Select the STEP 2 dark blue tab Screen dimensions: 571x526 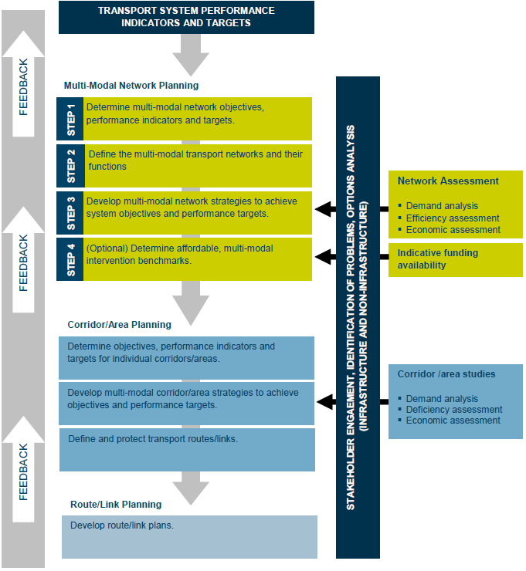(x=70, y=166)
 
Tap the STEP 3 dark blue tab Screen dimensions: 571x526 (x=70, y=213)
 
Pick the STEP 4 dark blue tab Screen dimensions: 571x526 (x=70, y=259)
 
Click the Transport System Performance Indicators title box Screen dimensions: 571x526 (x=186, y=17)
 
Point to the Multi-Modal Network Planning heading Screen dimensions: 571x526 (x=132, y=86)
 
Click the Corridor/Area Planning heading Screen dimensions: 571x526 (x=120, y=325)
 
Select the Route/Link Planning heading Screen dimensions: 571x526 (x=116, y=505)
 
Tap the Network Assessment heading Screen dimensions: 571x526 (x=448, y=181)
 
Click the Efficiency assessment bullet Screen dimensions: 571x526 (x=453, y=218)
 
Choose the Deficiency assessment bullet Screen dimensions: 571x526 (x=454, y=410)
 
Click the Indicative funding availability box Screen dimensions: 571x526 (x=455, y=259)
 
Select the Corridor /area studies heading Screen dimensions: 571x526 (x=446, y=374)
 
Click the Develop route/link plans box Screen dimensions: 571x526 (x=189, y=536)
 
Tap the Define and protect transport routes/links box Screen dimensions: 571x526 (x=186, y=449)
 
